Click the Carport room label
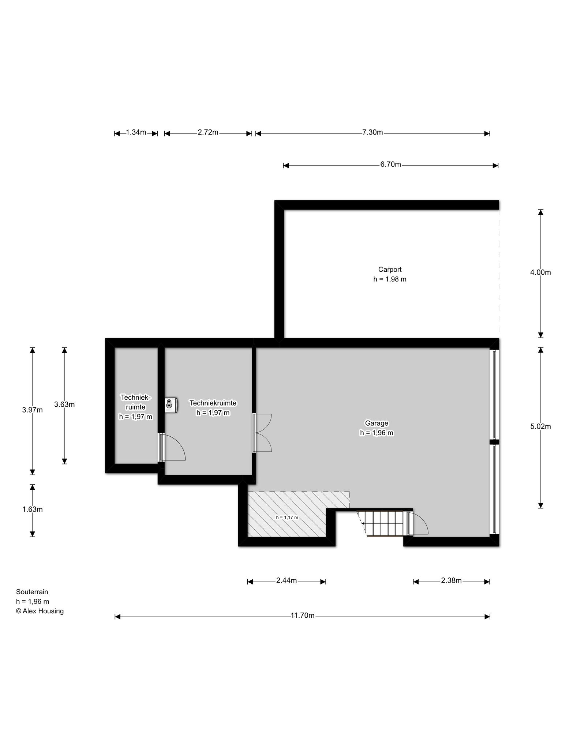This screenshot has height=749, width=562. (390, 270)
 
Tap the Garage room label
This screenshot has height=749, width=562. (376, 423)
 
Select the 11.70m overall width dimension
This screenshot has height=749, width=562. (303, 615)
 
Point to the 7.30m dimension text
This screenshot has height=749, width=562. (372, 132)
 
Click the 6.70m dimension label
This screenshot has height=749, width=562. (390, 165)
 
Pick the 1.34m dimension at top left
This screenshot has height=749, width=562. (136, 132)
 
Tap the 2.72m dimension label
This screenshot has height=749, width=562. (208, 132)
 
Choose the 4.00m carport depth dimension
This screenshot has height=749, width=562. (540, 272)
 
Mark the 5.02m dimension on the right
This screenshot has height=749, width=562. (540, 426)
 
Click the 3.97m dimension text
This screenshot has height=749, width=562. (32, 410)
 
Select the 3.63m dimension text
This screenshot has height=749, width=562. (64, 404)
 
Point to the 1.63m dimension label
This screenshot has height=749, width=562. (32, 509)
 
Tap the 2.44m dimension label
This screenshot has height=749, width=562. (286, 580)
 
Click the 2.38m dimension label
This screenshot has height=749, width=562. (451, 580)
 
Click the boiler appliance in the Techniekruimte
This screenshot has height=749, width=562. (171, 405)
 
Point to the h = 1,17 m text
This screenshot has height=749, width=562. (287, 517)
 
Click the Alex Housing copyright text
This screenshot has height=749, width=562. (40, 611)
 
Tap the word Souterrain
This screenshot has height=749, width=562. (32, 592)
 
